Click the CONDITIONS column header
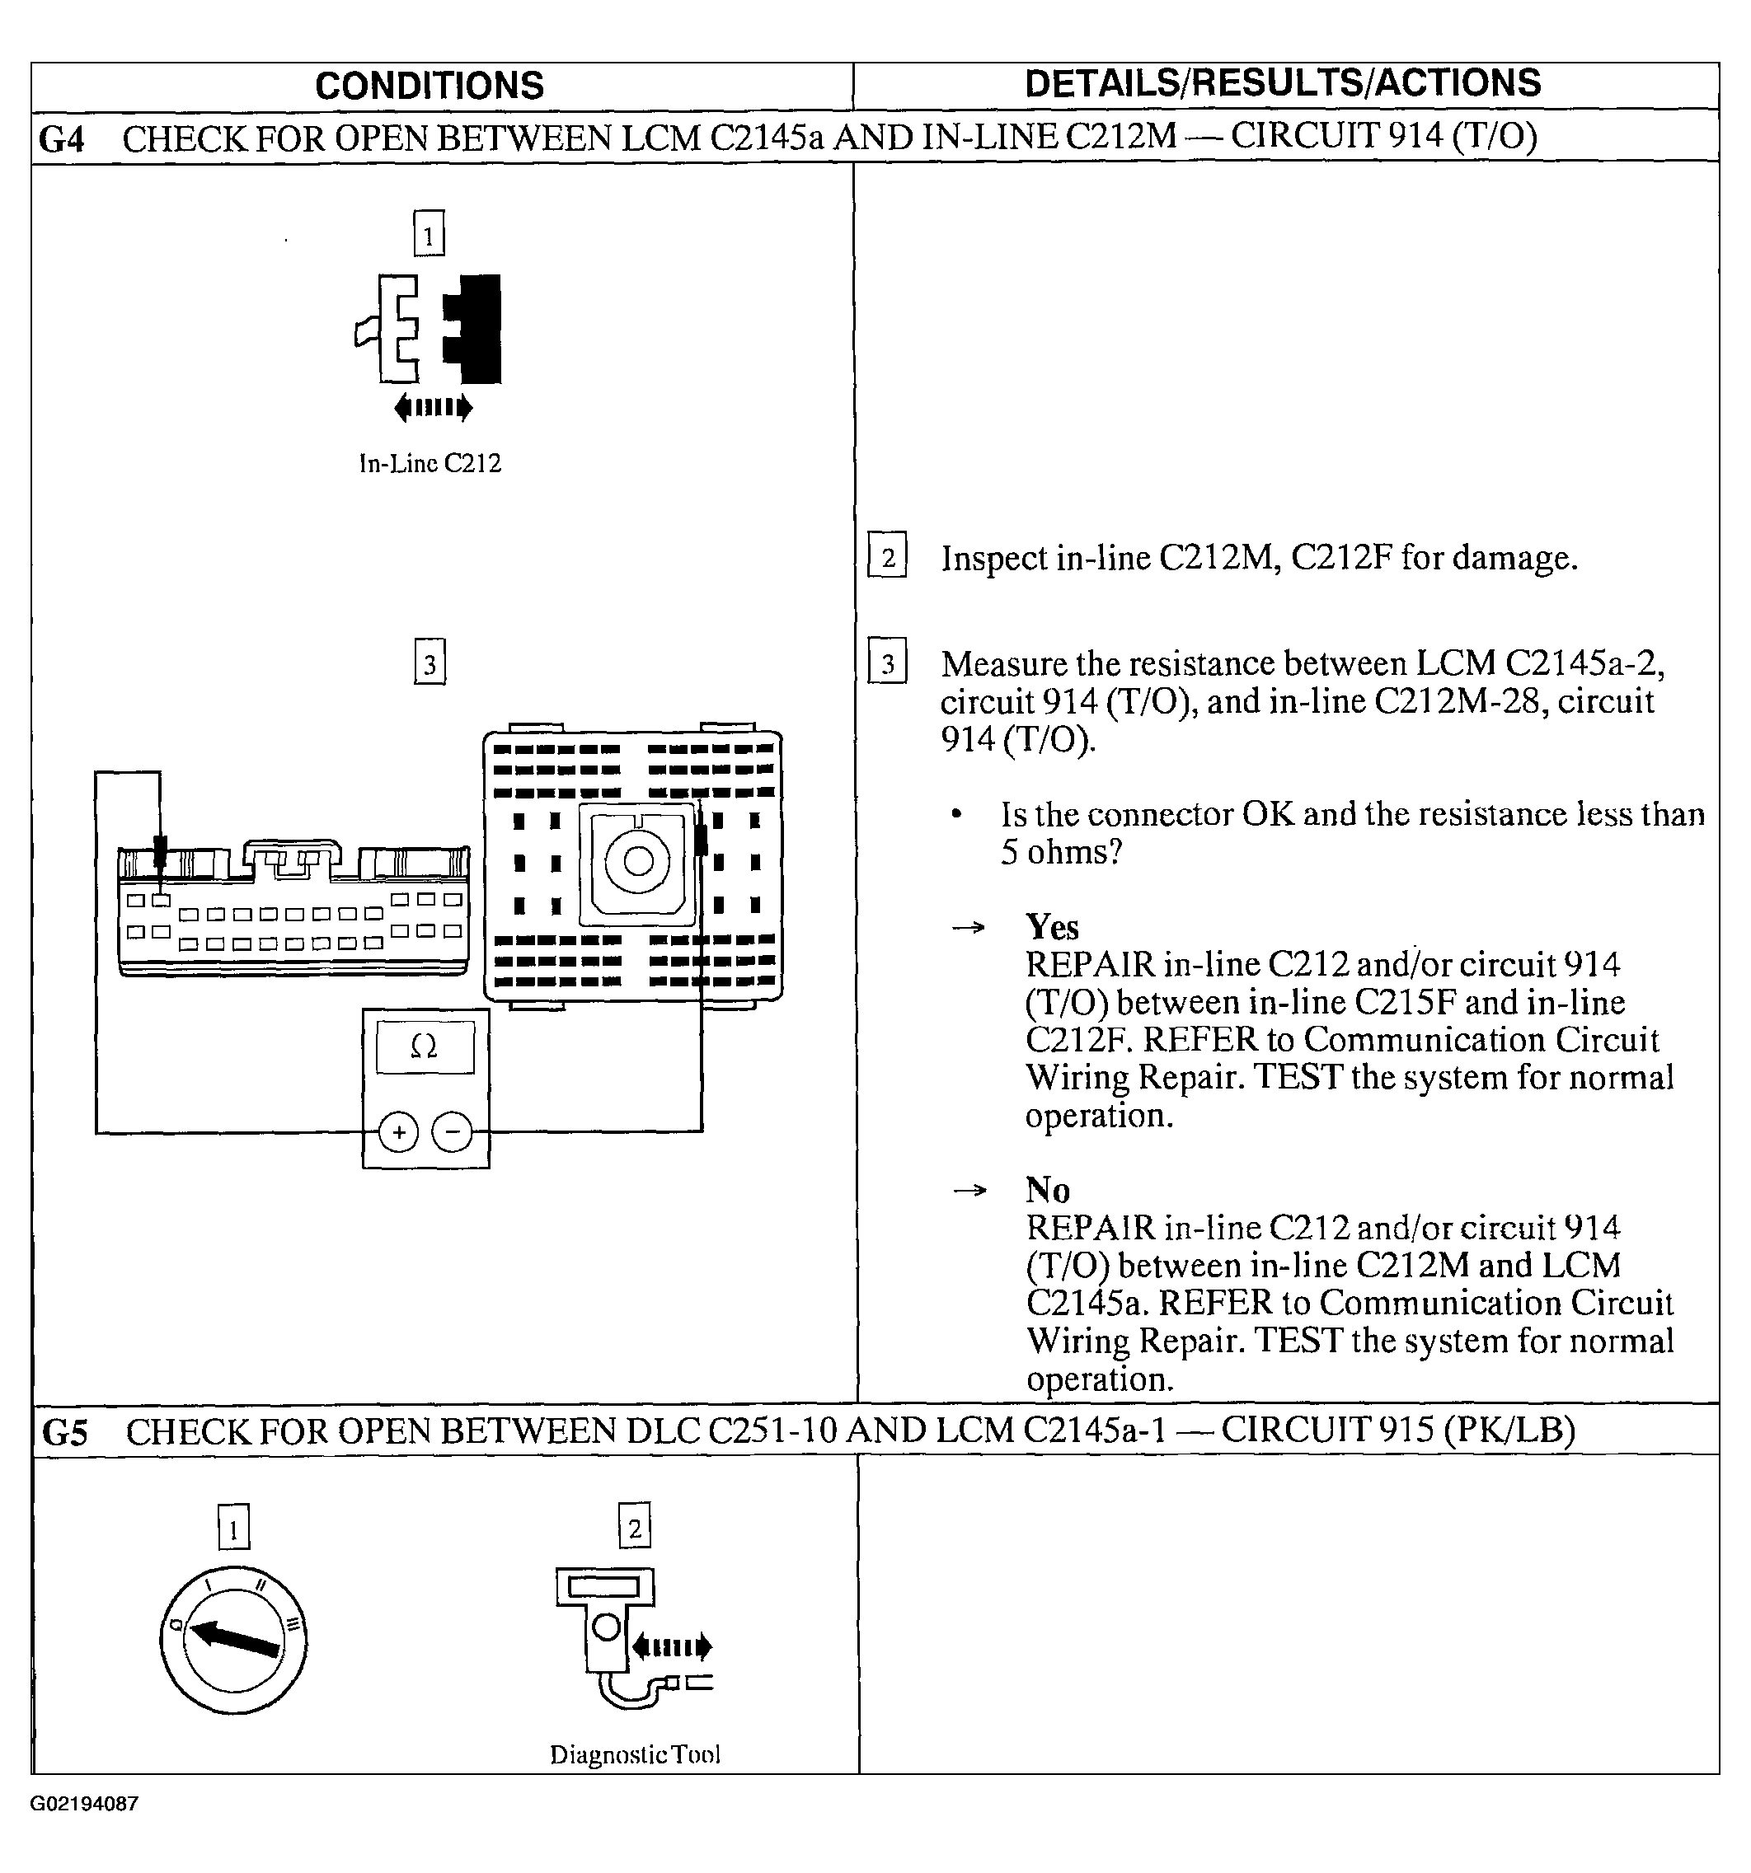(429, 86)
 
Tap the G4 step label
(62, 139)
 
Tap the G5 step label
(65, 1432)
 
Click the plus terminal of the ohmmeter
(399, 1131)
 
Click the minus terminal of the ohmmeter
(453, 1131)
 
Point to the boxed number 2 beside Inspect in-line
(887, 557)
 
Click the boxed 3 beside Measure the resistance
(887, 663)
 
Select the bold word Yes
(1052, 927)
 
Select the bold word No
(1047, 1190)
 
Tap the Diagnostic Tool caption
(634, 1754)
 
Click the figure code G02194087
(85, 1803)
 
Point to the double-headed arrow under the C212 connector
(434, 408)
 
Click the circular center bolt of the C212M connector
(638, 861)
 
